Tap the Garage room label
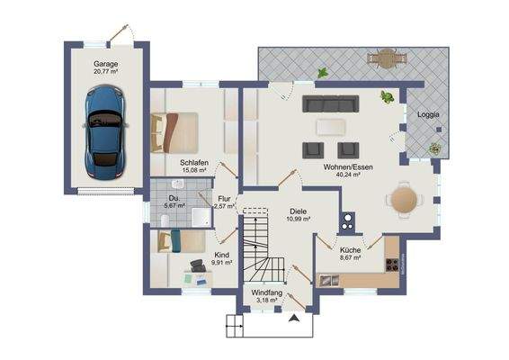pos(107,65)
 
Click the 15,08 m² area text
pos(194,170)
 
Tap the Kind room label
pos(220,255)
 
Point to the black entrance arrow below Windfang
pos(293,317)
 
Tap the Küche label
pos(350,249)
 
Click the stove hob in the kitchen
pos(391,264)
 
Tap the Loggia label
pos(427,114)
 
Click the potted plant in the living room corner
pos(388,96)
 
